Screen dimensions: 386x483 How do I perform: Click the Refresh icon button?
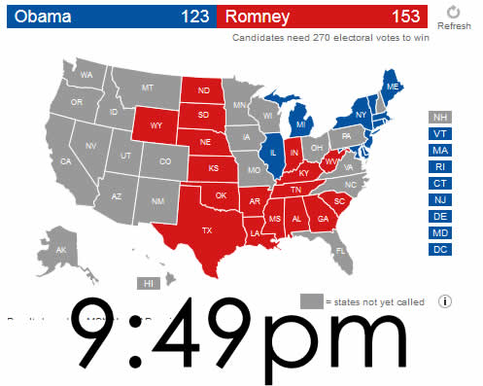tap(454, 13)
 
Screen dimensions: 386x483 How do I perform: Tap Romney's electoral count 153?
tap(407, 16)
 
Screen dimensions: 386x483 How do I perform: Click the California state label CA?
tap(66, 161)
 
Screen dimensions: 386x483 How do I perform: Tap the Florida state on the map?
tap(341, 250)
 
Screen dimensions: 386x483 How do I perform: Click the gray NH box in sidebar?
tap(439, 117)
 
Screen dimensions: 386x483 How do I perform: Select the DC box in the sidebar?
tap(439, 249)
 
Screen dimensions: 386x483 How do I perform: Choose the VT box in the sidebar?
tap(439, 133)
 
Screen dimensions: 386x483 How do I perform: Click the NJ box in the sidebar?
tap(439, 199)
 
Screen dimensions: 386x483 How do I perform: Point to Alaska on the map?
tap(60, 250)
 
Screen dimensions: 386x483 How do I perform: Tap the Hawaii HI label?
tap(149, 283)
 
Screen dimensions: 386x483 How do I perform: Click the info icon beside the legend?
tap(445, 300)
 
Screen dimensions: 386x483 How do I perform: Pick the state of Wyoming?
tap(156, 125)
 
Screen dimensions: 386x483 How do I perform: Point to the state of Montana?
tap(147, 88)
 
